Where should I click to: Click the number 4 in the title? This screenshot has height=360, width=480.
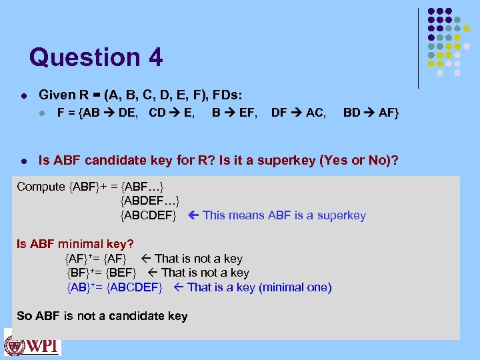coord(155,57)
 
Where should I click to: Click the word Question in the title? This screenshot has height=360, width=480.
coord(85,57)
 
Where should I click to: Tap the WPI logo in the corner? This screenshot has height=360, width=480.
coord(32,347)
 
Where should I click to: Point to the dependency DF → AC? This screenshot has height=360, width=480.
coord(299,113)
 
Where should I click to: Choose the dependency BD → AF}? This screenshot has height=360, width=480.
coord(371,113)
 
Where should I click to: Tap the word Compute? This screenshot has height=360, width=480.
coord(41,187)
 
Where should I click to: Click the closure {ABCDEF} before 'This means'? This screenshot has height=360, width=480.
coord(148,215)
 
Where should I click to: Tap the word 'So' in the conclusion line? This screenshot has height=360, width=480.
coord(24,316)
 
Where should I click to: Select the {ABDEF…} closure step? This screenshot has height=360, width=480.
coord(149,201)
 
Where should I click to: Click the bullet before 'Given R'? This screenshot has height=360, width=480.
coord(23,95)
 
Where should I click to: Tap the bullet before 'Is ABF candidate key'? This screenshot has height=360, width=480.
coord(23,161)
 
